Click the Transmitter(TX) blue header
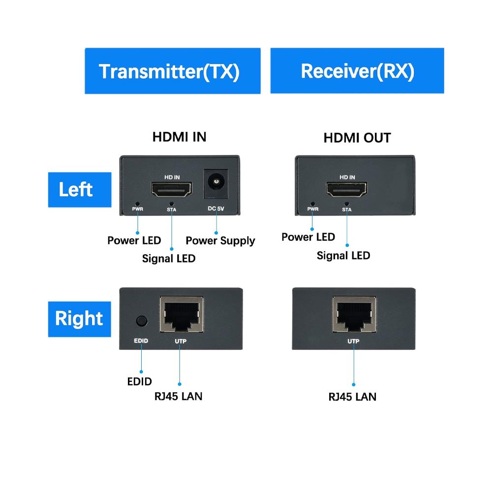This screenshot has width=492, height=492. (x=172, y=71)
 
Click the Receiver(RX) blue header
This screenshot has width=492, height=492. (x=357, y=71)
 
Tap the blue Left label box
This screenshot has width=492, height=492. (x=79, y=189)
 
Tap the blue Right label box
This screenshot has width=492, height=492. (x=79, y=319)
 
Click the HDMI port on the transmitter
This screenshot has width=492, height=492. (x=172, y=190)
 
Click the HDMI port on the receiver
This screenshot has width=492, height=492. (x=347, y=189)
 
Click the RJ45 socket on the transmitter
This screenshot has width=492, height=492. (x=182, y=315)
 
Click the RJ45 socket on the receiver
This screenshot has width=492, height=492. (x=354, y=315)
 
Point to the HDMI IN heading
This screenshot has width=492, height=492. (x=179, y=137)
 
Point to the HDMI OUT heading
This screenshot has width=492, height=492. (x=357, y=138)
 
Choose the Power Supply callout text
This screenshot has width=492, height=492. (x=220, y=241)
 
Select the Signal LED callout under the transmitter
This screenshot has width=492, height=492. (x=169, y=258)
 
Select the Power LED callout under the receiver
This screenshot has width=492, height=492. (x=308, y=237)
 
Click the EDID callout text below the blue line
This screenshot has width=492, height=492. (x=140, y=381)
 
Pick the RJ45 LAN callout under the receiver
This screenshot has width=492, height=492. (x=352, y=397)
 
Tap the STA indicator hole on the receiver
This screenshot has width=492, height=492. (x=347, y=203)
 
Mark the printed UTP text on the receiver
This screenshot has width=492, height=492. (x=353, y=340)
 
